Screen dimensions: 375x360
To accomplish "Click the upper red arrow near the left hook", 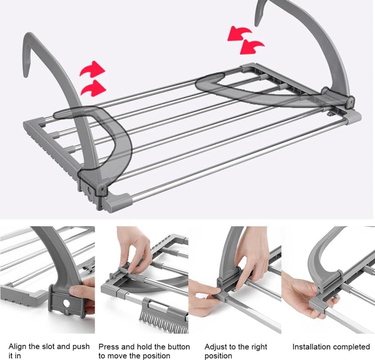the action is click(92, 69).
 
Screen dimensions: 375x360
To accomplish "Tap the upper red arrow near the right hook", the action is click(239, 34).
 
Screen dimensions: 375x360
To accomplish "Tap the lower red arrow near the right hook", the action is click(252, 47).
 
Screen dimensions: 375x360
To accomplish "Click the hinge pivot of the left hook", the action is click(103, 189).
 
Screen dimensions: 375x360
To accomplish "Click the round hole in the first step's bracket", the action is click(66, 303).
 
